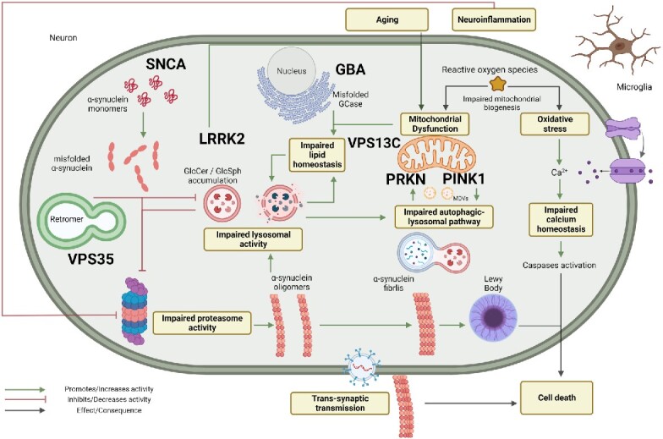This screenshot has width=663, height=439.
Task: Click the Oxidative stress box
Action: coord(557,124)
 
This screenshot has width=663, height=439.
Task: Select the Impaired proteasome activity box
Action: coord(202,322)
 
